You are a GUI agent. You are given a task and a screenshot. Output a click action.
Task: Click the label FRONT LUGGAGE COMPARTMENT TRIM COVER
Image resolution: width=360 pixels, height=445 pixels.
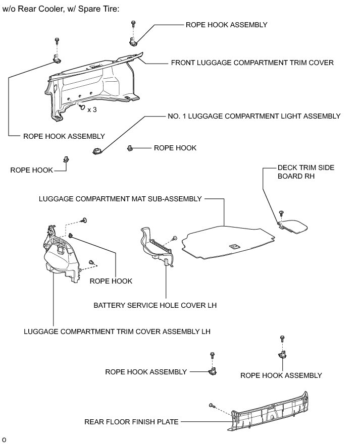(x=252, y=63)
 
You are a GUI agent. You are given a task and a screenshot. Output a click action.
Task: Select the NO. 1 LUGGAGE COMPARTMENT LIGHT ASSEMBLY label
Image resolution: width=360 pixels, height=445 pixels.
(x=253, y=116)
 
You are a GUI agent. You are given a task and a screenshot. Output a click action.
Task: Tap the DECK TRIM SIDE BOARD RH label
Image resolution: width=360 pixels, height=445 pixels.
(x=305, y=172)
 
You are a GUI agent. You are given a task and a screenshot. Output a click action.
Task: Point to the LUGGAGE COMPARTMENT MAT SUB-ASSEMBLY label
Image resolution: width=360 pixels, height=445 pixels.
(x=120, y=199)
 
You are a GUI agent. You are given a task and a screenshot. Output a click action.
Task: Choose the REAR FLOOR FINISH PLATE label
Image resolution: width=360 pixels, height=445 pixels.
(x=131, y=422)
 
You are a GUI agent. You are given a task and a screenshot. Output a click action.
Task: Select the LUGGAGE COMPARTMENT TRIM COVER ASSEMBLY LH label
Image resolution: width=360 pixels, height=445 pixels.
(x=117, y=331)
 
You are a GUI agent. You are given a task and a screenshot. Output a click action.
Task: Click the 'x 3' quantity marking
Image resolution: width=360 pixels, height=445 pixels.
(x=92, y=109)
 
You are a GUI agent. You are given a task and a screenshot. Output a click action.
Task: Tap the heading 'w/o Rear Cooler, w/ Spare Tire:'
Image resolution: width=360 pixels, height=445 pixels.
(x=61, y=10)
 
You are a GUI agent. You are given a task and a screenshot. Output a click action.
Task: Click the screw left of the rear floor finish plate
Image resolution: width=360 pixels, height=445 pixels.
(x=211, y=405)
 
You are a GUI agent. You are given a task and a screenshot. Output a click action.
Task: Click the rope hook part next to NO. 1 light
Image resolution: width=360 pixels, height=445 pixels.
(x=130, y=148)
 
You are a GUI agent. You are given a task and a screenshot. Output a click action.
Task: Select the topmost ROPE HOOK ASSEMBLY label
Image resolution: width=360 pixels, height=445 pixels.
(x=226, y=24)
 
